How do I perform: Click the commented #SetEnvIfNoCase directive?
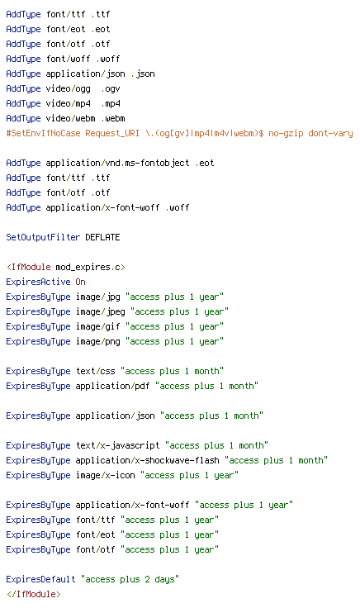pos(179,133)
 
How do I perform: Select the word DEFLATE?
pos(102,237)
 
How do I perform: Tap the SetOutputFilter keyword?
pos(43,237)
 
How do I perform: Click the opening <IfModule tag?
pos(29,267)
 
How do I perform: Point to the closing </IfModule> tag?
pos(34,594)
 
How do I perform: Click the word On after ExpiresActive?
pos(81,282)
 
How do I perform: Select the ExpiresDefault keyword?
pos(40,579)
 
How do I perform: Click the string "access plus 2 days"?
pos(130,579)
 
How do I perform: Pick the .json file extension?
pos(143,74)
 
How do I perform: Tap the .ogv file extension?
pos(111,88)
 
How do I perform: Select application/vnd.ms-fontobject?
pos(117,164)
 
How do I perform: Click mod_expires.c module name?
pos(88,267)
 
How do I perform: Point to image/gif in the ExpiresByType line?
pos(97,327)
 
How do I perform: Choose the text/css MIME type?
pos(95,371)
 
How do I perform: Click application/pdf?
pos(112,387)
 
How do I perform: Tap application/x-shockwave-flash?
pos(147,460)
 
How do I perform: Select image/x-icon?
pos(105,475)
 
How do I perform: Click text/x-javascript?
pos(117,445)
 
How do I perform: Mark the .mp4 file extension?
pos(111,104)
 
